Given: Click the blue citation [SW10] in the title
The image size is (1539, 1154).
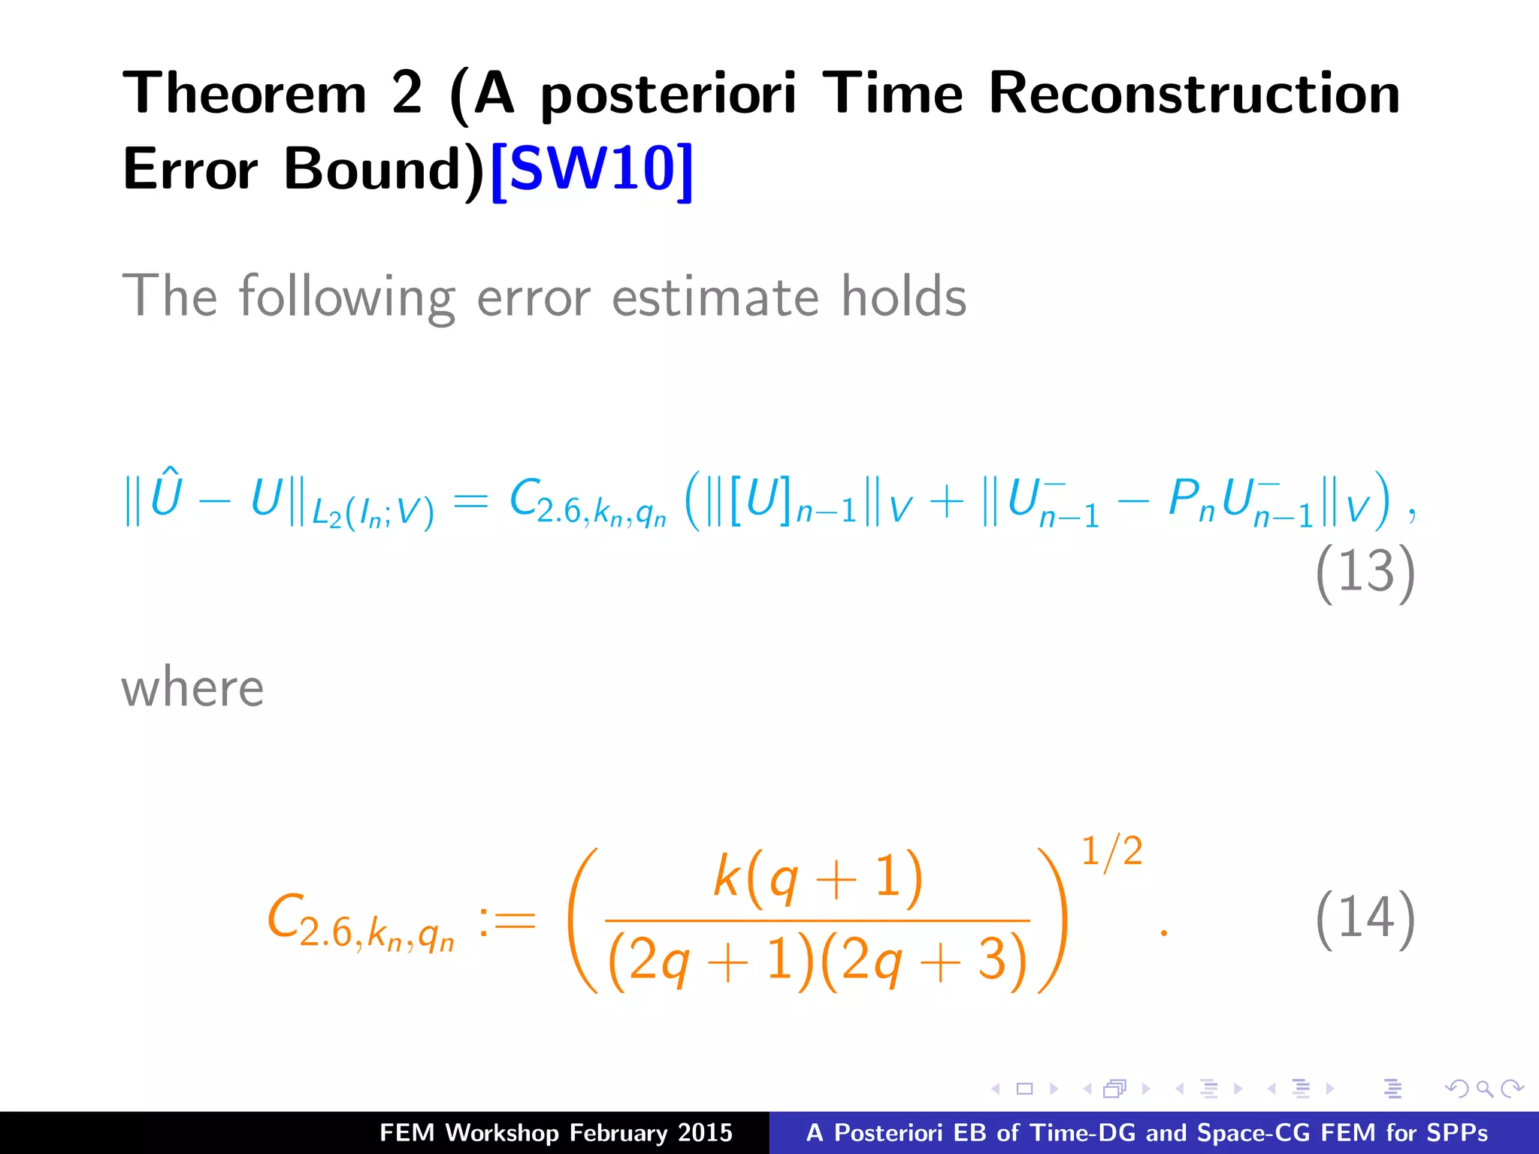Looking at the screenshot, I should [x=591, y=169].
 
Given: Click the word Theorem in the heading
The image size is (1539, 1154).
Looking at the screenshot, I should [x=245, y=94].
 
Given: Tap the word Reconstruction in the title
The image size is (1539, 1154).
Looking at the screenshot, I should [x=1194, y=94].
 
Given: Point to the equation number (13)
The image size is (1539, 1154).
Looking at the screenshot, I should [x=1365, y=572].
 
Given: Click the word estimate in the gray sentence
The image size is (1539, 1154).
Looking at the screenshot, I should [x=715, y=298].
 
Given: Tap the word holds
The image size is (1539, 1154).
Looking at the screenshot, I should [x=903, y=296].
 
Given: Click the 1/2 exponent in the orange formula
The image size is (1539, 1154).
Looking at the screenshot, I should [x=1111, y=851].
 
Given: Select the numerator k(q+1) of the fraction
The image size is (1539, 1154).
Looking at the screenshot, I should [x=818, y=877].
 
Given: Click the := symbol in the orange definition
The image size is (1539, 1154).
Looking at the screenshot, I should [x=506, y=921].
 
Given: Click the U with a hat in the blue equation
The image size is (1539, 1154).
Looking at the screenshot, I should [x=166, y=494].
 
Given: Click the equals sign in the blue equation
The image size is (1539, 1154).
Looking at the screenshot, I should [x=471, y=500].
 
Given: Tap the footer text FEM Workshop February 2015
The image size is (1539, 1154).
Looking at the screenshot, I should [x=555, y=1132].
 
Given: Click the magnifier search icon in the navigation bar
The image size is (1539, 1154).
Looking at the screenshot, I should [x=1484, y=1089].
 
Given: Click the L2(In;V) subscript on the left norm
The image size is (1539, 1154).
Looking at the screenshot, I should [x=373, y=513].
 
